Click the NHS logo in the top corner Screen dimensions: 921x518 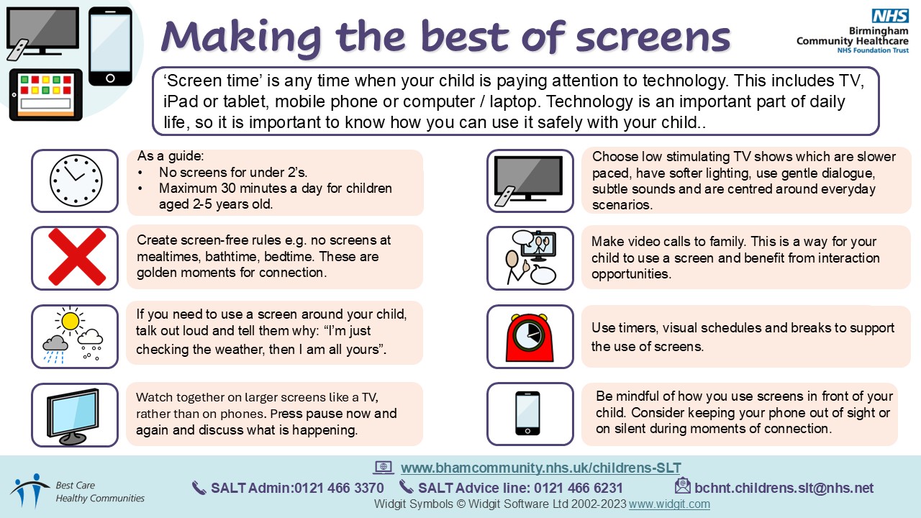(890, 16)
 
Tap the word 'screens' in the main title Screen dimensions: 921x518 (653, 37)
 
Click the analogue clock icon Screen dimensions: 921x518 (76, 180)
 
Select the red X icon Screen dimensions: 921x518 (77, 257)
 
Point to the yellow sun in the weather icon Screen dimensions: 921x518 (70, 321)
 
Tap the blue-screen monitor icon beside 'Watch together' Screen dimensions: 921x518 (73, 416)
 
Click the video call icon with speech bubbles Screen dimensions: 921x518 (530, 258)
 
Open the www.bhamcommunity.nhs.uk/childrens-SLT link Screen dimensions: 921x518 (540, 468)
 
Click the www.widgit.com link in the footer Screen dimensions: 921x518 (669, 504)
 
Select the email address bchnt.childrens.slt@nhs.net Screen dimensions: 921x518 (784, 488)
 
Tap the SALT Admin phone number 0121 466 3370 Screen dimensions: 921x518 (339, 488)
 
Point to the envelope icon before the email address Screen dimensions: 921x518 (683, 486)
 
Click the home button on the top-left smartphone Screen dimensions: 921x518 (110, 78)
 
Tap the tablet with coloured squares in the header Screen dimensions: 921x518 (45, 95)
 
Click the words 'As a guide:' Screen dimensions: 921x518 (171, 156)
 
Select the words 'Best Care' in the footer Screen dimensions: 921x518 (76, 486)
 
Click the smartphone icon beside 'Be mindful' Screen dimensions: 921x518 (527, 413)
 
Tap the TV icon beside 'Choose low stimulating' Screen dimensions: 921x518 (528, 181)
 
